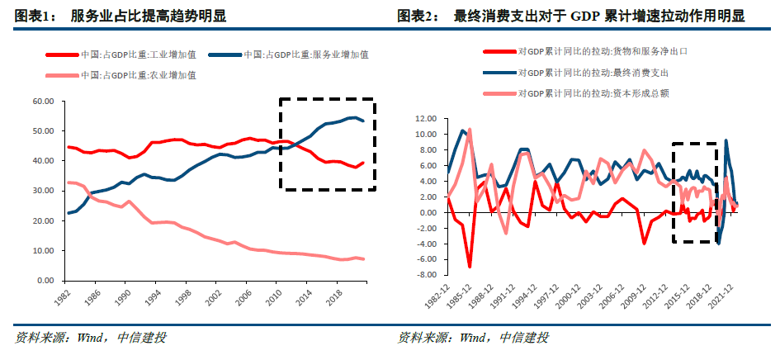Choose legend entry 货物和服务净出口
click(x=603, y=51)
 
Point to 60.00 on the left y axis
click(x=42, y=102)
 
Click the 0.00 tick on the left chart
click(x=45, y=281)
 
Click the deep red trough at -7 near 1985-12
click(x=470, y=267)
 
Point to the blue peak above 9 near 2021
click(x=726, y=140)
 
